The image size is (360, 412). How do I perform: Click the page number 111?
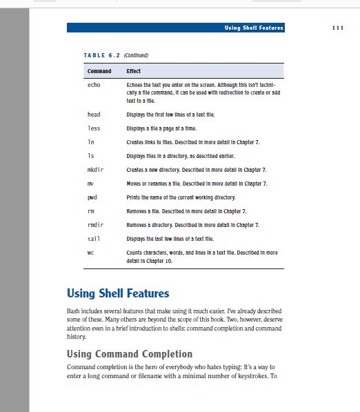point(337,28)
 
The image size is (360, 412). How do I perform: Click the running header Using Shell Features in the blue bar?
point(254,28)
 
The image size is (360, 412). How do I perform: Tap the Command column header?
point(99,71)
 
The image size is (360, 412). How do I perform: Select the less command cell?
point(94,128)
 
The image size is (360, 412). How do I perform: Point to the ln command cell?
point(91,141)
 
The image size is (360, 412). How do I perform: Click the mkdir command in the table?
point(96,169)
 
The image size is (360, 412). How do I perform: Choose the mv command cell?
point(90,183)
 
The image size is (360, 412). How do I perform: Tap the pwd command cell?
point(92,197)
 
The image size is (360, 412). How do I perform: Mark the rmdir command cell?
point(96,225)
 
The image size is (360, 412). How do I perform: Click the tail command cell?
point(94,239)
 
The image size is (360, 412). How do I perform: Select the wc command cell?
point(90,253)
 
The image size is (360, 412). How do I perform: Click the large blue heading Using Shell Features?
point(117,293)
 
